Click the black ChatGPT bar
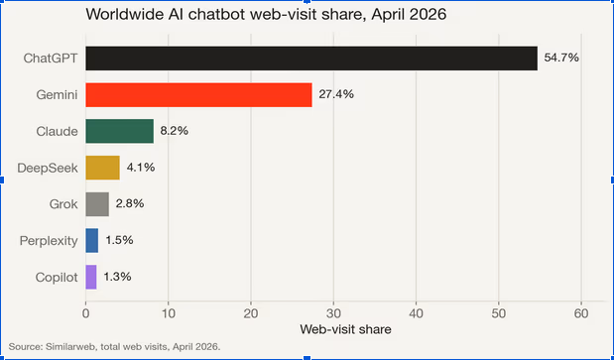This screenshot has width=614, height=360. [x=311, y=59]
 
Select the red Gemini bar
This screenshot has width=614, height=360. [x=199, y=94]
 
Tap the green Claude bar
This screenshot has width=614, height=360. [x=119, y=131]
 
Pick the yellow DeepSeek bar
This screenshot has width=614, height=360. [x=102, y=168]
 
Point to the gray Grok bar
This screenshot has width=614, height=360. [x=97, y=204]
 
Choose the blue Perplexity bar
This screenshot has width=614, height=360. [x=92, y=240]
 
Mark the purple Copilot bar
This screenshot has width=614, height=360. [x=91, y=277]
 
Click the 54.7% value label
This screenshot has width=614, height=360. [x=561, y=58]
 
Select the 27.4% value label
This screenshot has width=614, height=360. [x=336, y=94]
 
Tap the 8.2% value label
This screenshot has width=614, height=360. [x=175, y=131]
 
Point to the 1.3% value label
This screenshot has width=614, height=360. [x=117, y=277]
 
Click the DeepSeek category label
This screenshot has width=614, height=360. [x=48, y=168]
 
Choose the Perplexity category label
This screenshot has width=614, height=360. [x=49, y=241]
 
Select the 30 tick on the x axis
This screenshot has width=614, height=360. [x=333, y=313]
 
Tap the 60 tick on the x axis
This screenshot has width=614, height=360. [x=581, y=313]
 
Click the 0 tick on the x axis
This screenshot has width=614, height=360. [x=85, y=313]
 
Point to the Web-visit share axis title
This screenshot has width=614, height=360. [x=346, y=329]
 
